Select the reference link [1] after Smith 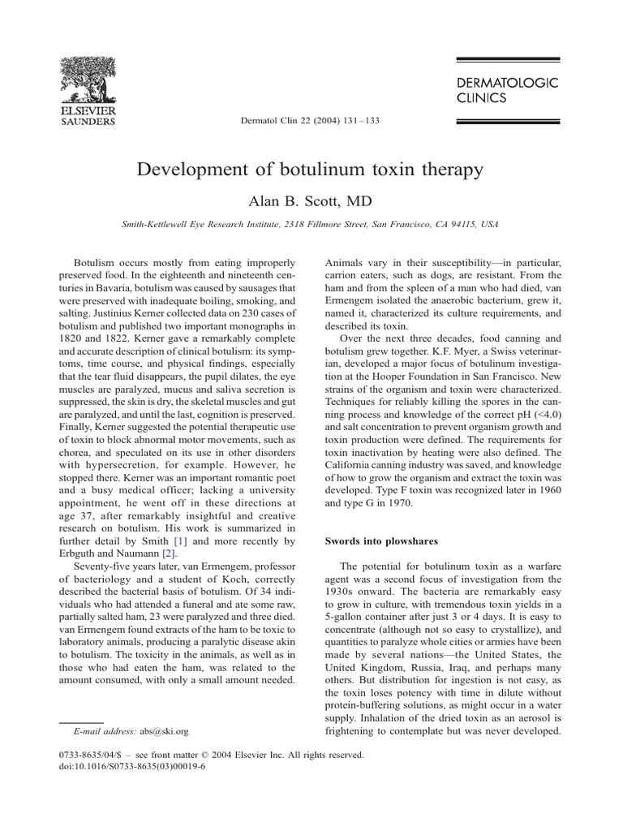pos(176,540)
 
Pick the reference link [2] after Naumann pos(192,553)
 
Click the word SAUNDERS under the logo pos(89,123)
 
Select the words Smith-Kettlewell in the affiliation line pos(157,223)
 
